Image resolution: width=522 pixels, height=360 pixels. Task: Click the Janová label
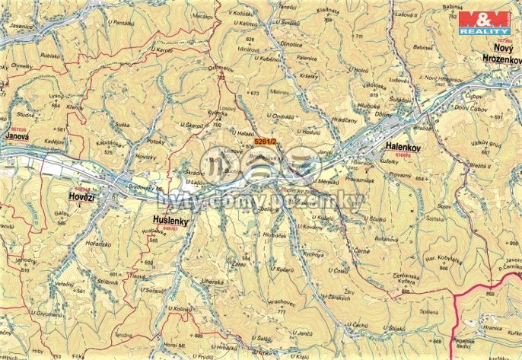tap(16, 135)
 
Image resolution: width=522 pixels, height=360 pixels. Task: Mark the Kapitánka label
tap(110, 143)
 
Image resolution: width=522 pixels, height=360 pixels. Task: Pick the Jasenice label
tap(21, 24)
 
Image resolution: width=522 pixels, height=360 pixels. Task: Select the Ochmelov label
tap(221, 68)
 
